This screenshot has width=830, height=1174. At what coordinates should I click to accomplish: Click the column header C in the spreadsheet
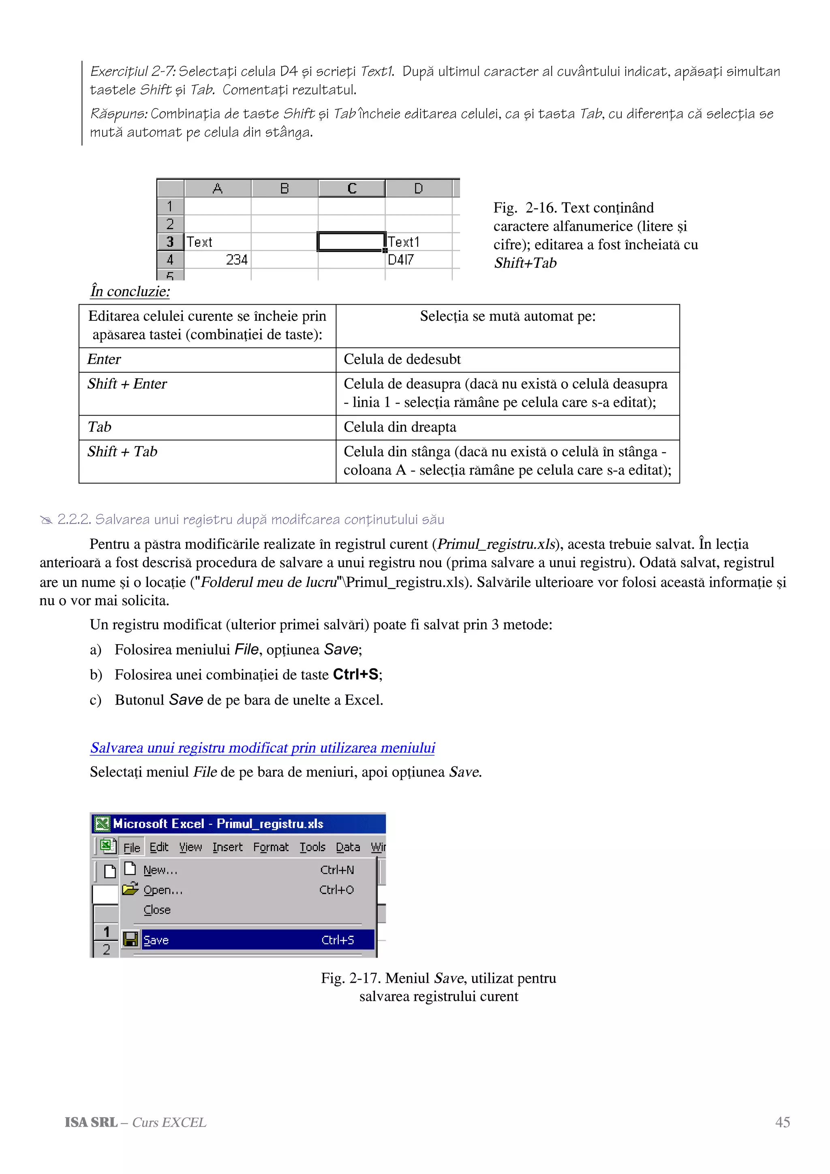351,189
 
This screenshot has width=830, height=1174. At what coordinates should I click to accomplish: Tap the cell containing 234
218,260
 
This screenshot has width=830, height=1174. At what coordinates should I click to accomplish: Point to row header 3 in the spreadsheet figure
170,242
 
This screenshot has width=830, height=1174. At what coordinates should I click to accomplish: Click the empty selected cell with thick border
351,242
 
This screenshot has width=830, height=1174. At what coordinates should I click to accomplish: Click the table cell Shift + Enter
127,384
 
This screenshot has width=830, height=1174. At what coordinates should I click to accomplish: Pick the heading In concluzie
130,291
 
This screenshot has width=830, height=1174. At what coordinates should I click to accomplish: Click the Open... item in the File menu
163,890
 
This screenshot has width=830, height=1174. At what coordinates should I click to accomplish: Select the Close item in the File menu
157,909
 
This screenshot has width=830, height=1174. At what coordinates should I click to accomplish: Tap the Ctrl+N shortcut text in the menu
337,870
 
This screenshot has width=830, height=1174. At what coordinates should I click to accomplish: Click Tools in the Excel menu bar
312,847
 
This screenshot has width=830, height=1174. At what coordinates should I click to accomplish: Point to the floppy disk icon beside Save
131,939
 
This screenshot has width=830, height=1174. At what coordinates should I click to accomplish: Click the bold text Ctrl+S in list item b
356,675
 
